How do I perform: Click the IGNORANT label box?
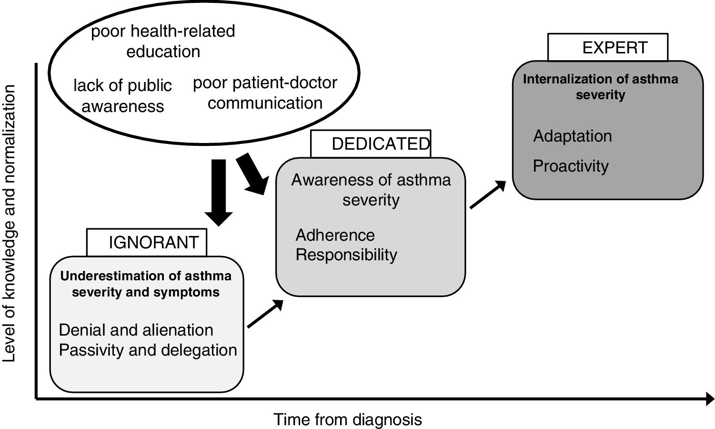pyautogui.click(x=147, y=243)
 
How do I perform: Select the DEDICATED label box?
pyautogui.click(x=371, y=143)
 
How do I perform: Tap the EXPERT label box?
pyautogui.click(x=608, y=47)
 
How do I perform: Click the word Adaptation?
pyautogui.click(x=572, y=136)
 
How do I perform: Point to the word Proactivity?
pyautogui.click(x=571, y=166)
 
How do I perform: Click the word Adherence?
pyautogui.click(x=335, y=235)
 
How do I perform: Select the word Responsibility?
pyautogui.click(x=346, y=255)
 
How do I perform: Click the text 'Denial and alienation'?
pyautogui.click(x=136, y=330)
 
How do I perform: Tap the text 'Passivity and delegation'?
pyautogui.click(x=148, y=350)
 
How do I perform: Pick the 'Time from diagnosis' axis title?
pyautogui.click(x=348, y=419)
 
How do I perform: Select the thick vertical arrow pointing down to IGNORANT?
pyautogui.click(x=219, y=192)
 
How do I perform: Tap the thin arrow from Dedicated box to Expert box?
pyautogui.click(x=488, y=194)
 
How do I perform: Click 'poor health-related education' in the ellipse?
pyautogui.click(x=163, y=41)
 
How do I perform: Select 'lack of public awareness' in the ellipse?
pyautogui.click(x=122, y=95)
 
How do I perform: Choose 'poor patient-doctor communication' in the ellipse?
pyautogui.click(x=265, y=92)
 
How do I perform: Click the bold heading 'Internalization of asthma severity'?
pyautogui.click(x=600, y=87)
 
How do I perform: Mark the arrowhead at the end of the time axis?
pyautogui.click(x=709, y=399)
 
